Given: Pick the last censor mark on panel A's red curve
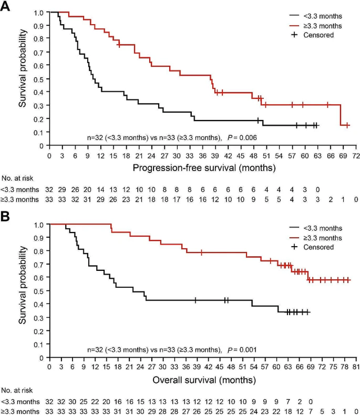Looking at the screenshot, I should [348, 126].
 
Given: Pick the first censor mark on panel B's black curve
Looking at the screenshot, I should [195, 300].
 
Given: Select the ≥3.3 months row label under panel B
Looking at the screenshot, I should [20, 411].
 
